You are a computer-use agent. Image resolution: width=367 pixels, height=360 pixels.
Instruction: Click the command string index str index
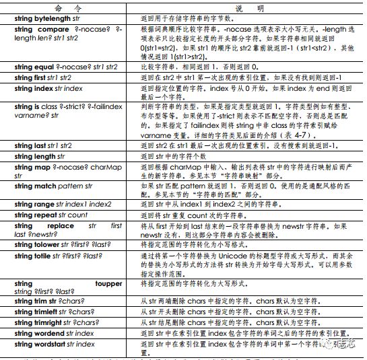point(48,89)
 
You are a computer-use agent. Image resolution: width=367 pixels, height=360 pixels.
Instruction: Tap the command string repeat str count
point(51,215)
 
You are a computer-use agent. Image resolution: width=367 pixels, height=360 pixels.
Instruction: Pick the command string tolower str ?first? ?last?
point(62,246)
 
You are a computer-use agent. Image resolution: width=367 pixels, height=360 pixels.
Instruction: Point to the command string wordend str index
point(55,334)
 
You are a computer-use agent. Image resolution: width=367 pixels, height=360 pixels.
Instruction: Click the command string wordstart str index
point(56,344)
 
